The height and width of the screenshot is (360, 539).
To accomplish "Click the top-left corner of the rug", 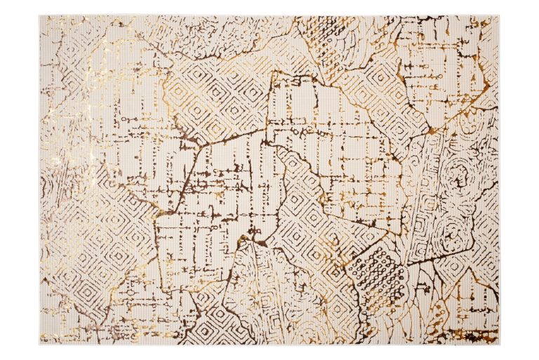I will pyautogui.click(x=40, y=16).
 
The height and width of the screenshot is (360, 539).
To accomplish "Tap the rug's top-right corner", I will pyautogui.click(x=499, y=16).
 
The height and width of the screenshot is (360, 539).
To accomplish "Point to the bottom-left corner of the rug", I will pyautogui.click(x=40, y=344).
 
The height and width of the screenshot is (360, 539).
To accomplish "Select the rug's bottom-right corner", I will pyautogui.click(x=499, y=344).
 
